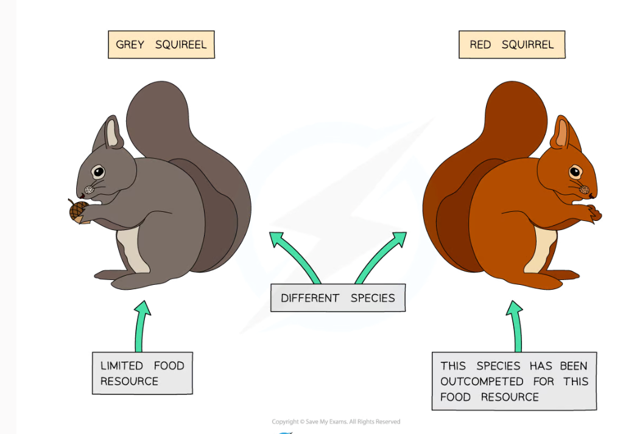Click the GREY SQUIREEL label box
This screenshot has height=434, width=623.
coord(161,45)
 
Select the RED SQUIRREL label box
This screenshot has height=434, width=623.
coord(512,45)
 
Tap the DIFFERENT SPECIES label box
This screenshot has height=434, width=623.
coord(337,298)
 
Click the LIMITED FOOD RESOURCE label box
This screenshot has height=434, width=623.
coord(142,373)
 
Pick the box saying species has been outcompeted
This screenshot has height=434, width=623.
coord(514,381)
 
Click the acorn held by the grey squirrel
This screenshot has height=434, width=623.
coord(78,211)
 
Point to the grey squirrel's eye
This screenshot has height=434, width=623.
coord(97,172)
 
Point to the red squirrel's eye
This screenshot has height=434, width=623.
coord(575,172)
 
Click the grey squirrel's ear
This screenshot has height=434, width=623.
coord(111,134)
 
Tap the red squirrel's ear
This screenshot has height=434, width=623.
coord(561,134)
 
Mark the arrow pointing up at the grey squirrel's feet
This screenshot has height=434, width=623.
coord(142,326)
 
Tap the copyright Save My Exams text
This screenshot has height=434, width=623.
coord(336,421)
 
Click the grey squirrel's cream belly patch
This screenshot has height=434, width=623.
coord(133,250)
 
